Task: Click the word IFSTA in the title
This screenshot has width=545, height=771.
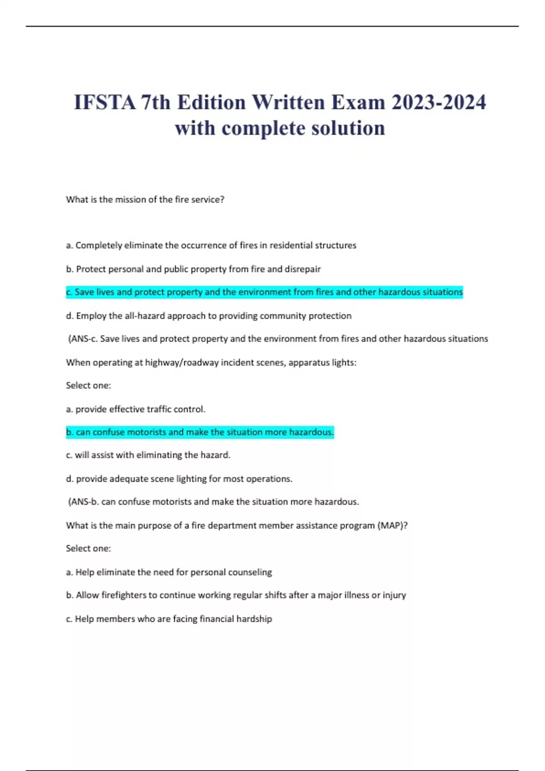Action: (105, 102)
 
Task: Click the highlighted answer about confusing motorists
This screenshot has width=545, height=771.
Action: (200, 432)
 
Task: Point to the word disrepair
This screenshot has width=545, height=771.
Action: (302, 269)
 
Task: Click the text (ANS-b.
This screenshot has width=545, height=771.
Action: (84, 502)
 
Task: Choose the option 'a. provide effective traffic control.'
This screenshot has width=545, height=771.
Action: (136, 409)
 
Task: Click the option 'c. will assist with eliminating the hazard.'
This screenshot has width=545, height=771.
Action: (148, 455)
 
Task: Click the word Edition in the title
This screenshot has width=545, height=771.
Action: (211, 102)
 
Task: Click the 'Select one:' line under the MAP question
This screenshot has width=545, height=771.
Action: (88, 548)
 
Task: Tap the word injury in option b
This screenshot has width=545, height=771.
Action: (394, 595)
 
